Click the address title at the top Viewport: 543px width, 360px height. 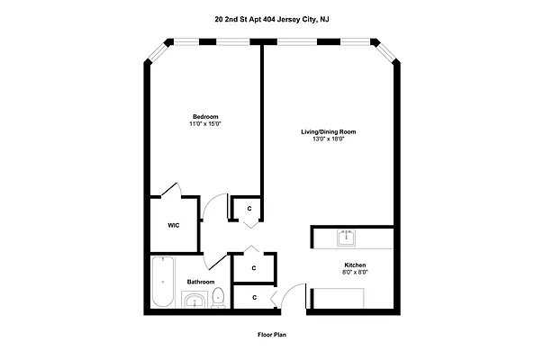coord(271,17)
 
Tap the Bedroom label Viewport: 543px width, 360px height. coord(204,115)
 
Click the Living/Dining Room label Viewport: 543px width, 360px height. coord(328,131)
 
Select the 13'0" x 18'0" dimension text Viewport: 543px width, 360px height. coord(328,139)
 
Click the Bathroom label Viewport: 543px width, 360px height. coord(199,282)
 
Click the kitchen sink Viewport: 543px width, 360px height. coord(347,238)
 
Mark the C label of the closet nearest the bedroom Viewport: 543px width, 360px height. coord(248,209)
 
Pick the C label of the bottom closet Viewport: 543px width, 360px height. coord(254,297)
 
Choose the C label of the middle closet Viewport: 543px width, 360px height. coord(254,267)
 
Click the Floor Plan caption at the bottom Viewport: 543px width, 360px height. coord(271,334)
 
